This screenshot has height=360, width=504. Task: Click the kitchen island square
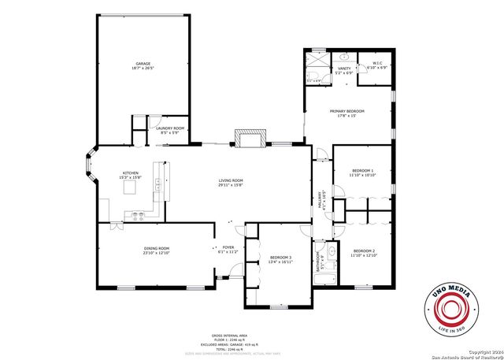(158, 184)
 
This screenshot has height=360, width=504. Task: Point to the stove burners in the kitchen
(137, 215)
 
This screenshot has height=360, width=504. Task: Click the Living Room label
(231, 183)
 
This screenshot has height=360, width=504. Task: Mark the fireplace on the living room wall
(250, 139)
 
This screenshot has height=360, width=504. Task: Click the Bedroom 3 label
(281, 259)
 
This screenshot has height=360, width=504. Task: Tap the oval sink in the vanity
(344, 58)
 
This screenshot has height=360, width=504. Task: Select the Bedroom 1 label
(362, 173)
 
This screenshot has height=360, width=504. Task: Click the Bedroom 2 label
(364, 252)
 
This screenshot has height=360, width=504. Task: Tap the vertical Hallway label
(321, 202)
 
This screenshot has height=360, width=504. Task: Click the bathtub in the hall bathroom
(332, 262)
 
